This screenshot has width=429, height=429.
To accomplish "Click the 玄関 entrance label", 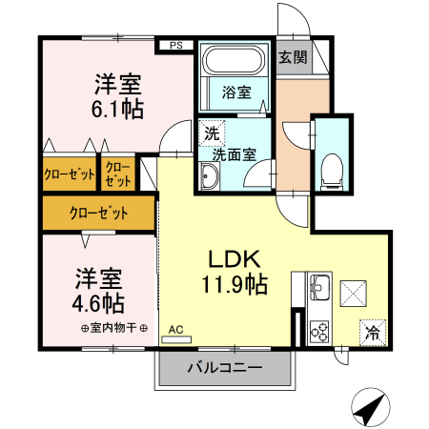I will tap(293, 57).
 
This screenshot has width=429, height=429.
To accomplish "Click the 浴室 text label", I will tap(237, 92).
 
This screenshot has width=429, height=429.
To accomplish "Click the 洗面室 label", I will tap(232, 153).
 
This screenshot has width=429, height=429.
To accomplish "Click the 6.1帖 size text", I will tap(118, 110).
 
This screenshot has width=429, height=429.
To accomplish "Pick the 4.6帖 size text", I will tap(99, 303).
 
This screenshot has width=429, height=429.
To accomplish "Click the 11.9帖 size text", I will tap(234, 283).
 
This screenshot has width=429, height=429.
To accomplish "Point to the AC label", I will tap(175, 331).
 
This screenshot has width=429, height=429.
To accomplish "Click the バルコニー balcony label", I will tap(224, 367).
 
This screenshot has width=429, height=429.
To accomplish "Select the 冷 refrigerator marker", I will tap(373, 333).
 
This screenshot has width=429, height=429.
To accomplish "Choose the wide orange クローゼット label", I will tap(98, 214).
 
